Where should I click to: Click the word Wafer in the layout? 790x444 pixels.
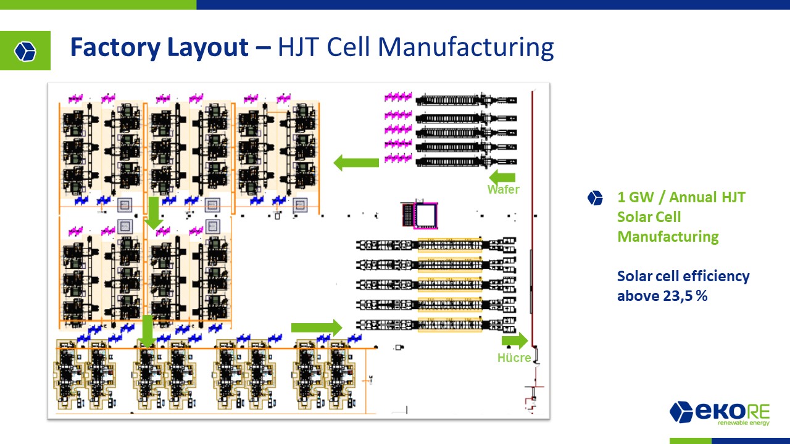503,189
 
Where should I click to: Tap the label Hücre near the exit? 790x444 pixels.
514,358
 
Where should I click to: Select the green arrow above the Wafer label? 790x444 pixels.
502,176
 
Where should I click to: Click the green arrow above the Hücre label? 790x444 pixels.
515,341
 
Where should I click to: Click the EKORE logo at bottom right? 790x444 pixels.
720,413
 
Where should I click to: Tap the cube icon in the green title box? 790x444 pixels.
25,51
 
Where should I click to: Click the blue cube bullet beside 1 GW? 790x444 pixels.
595,198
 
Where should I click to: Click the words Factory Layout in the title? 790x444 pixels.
159,47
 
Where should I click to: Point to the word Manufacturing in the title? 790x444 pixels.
465,47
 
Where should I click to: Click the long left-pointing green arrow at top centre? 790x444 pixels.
356,162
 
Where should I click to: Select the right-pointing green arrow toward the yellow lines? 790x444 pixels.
317,327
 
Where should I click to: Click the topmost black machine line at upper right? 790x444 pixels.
466,101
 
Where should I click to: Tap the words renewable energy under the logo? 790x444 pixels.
744,422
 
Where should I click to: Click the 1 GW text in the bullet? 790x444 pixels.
636,197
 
